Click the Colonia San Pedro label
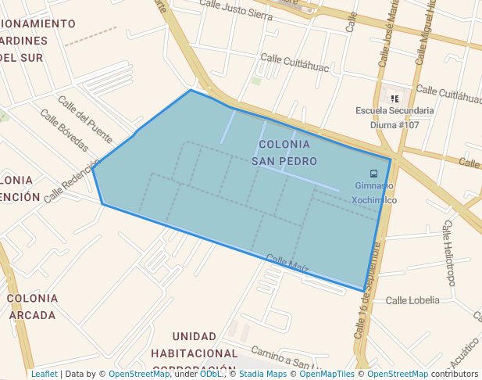pyautogui.click(x=284, y=152)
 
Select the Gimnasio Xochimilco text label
pyautogui.click(x=374, y=193)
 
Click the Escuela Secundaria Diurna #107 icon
pyautogui.click(x=395, y=99)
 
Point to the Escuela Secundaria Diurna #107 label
pyautogui.click(x=394, y=117)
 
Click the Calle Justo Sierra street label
pyautogui.click(x=236, y=9)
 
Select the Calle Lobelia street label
pyautogui.click(x=412, y=300)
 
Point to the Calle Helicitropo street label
pyautogui.click(x=449, y=253)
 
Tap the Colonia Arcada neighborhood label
pyautogui.click(x=32, y=307)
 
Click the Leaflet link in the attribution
pyautogui.click(x=44, y=374)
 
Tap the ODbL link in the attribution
pyautogui.click(x=212, y=374)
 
